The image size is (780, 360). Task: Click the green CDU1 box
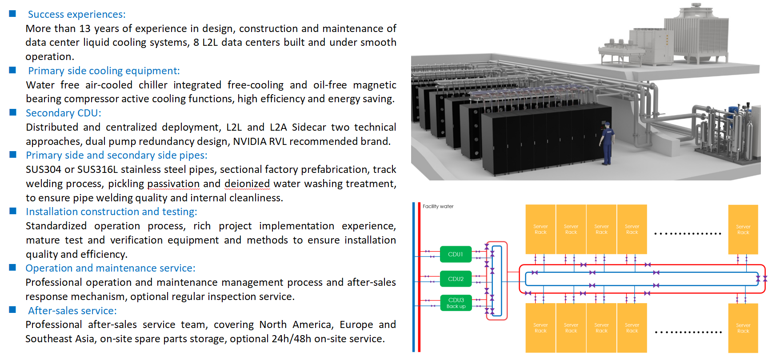(456, 254)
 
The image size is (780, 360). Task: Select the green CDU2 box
(456, 279)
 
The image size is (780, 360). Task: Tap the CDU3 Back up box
(456, 303)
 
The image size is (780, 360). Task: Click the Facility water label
(438, 206)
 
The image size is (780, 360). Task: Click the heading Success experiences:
(76, 14)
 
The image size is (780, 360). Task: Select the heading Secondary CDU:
(63, 113)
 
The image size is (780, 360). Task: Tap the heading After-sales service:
(72, 311)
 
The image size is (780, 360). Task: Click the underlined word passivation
(173, 184)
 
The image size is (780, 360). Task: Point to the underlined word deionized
(247, 184)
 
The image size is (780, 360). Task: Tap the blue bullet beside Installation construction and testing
(13, 211)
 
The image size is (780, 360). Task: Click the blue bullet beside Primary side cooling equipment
(13, 70)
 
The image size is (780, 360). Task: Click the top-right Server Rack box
(743, 229)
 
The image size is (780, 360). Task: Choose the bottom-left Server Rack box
(540, 328)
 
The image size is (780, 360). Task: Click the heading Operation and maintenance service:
(110, 268)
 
